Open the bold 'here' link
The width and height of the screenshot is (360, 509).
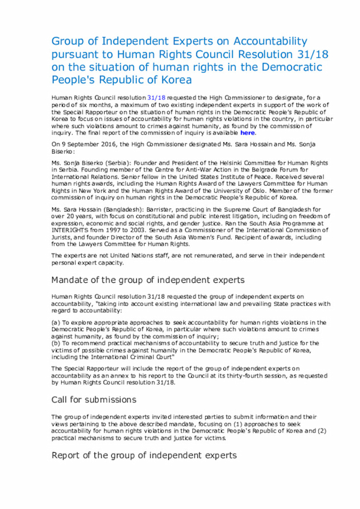[x=247, y=133]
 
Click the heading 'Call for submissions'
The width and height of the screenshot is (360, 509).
[x=93, y=399]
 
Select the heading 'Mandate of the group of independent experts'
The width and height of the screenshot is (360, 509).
[x=148, y=280]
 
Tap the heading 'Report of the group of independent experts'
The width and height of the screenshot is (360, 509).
[x=144, y=455]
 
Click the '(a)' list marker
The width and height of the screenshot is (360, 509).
[x=56, y=322]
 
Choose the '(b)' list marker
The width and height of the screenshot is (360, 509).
[x=56, y=343]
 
